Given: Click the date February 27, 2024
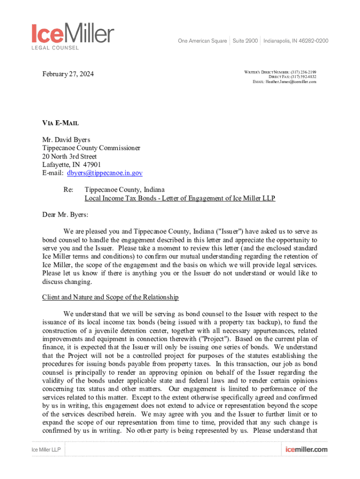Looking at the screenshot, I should tap(68, 74).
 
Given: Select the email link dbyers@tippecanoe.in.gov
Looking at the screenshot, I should tap(105, 173).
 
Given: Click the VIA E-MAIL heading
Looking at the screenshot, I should tap(61, 123).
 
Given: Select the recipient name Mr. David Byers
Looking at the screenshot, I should tap(66, 139).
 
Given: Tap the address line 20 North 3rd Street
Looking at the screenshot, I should tap(70, 156).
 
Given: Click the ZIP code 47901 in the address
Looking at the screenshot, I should tap(92, 165).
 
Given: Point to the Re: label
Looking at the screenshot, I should tap(69, 190).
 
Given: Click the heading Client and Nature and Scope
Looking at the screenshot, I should tap(110, 298).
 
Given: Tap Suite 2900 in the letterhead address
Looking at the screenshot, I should tap(245, 41).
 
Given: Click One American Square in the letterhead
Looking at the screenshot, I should tap(202, 41).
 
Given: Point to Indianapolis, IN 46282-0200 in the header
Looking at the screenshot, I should tap(295, 41).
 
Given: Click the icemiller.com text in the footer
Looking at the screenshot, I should tap(306, 450).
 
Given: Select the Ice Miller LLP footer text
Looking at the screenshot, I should tap(46, 450).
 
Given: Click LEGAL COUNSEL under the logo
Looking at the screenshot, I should tap(55, 48).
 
